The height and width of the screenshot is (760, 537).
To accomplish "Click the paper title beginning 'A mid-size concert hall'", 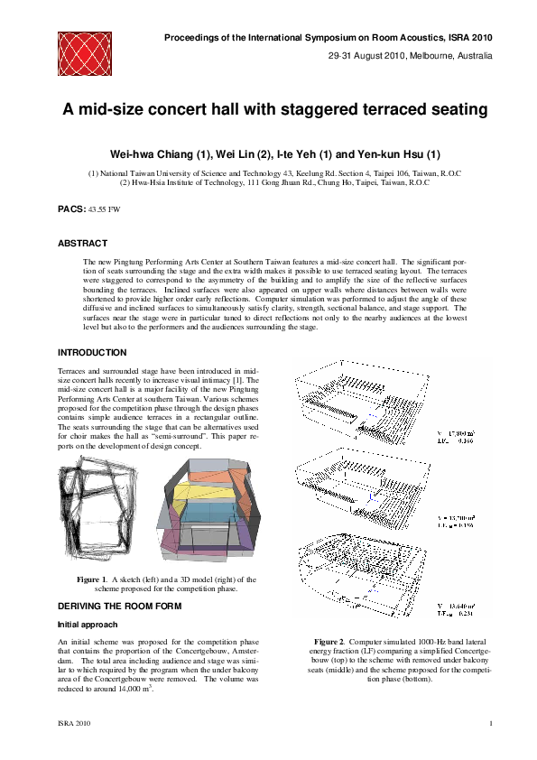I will (x=274, y=109).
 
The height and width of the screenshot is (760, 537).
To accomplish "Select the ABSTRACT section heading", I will (x=83, y=243).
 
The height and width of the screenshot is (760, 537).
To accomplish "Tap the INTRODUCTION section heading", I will (x=92, y=352).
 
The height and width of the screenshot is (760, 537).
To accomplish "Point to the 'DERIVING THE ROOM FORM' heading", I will (x=119, y=606).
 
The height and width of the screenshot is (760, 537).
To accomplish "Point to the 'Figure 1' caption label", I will (x=91, y=579).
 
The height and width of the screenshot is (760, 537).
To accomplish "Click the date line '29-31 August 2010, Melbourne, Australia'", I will (x=410, y=56).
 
